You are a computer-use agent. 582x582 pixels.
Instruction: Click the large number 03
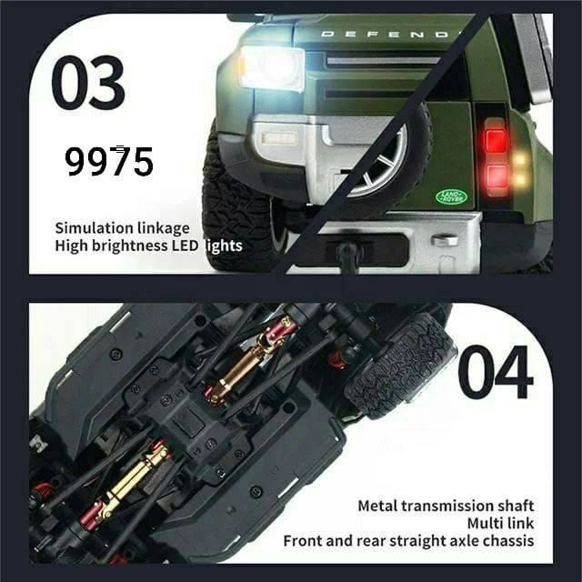pos(88,83)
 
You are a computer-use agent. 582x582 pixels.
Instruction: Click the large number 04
pos(496,372)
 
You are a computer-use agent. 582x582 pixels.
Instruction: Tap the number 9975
pos(109,161)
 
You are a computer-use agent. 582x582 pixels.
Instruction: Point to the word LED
pos(185,246)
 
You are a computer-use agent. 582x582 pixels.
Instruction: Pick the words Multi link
pos(501,524)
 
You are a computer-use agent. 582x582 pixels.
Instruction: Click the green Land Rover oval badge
pos(452,196)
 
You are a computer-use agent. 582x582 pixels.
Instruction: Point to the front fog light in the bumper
pos(279,138)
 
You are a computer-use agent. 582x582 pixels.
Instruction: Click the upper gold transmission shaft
pos(253,360)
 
